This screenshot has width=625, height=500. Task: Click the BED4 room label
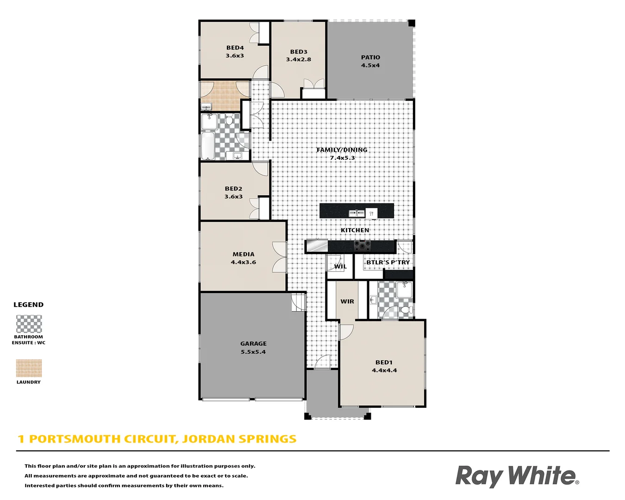pos(235,48)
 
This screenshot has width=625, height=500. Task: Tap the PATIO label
pos(370,57)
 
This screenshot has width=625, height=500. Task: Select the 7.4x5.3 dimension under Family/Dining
pos(342,158)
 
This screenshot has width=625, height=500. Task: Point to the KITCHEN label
pos(355,230)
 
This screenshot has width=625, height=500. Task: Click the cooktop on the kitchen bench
pos(362,245)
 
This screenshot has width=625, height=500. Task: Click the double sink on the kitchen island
pos(356,213)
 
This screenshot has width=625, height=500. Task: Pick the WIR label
pos(347,301)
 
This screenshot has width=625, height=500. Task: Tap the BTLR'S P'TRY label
pos(388,262)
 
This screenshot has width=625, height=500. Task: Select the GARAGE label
pos(253,344)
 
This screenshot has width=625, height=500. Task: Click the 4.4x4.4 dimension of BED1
pos(384,370)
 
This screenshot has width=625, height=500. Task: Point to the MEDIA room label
pos(244,254)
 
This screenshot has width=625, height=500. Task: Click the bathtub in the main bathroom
pos(207,146)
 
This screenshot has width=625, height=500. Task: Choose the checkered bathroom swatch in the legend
pos(29,324)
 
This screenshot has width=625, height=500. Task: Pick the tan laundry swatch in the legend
pos(29,369)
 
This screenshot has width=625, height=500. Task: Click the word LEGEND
pos(28,305)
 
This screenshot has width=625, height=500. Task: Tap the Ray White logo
pos(517,476)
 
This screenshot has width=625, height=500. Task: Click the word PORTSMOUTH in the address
pos(76,439)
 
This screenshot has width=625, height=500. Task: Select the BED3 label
pos(299,52)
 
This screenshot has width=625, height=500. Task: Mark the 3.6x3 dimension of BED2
pos(233,197)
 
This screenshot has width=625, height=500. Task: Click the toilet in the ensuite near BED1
pos(406,309)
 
